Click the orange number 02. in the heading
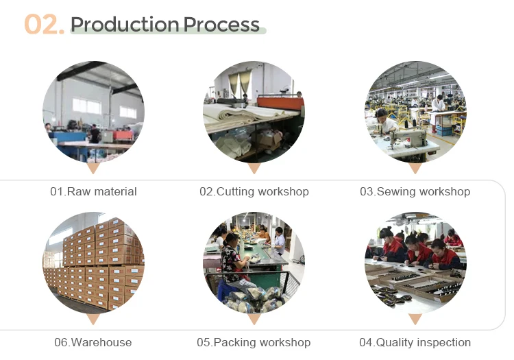[45, 25]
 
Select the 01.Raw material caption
[93, 192]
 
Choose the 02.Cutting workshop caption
[254, 192]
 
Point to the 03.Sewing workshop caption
[415, 192]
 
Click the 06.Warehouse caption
[93, 342]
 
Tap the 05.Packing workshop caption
[254, 342]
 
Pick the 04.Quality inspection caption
[415, 342]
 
